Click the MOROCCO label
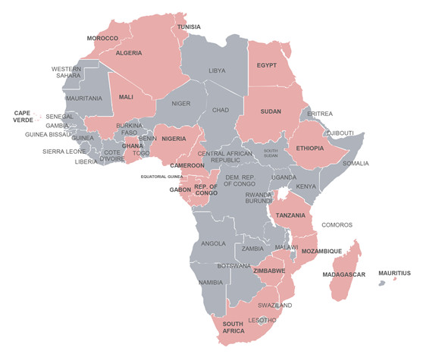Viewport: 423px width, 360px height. [x=102, y=38]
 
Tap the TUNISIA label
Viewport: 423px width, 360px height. [x=189, y=27]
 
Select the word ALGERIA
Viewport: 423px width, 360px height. [x=129, y=53]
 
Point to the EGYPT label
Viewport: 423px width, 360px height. [x=266, y=65]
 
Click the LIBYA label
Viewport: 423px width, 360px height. [x=218, y=70]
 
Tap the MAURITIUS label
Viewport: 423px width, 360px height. [x=394, y=273]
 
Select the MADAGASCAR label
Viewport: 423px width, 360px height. [x=344, y=274]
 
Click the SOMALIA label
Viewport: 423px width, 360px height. [x=356, y=163]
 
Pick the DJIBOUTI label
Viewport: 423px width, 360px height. [x=340, y=133]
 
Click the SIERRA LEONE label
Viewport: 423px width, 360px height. [x=64, y=151]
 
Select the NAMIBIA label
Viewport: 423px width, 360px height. [x=210, y=282]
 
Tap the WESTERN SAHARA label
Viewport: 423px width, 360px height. [x=67, y=72]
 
